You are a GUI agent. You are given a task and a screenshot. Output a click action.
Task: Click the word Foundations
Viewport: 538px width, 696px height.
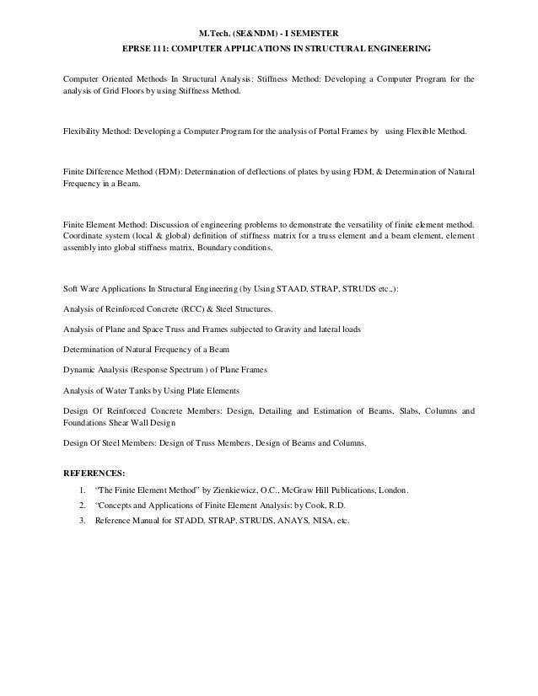pyautogui.click(x=89, y=424)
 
